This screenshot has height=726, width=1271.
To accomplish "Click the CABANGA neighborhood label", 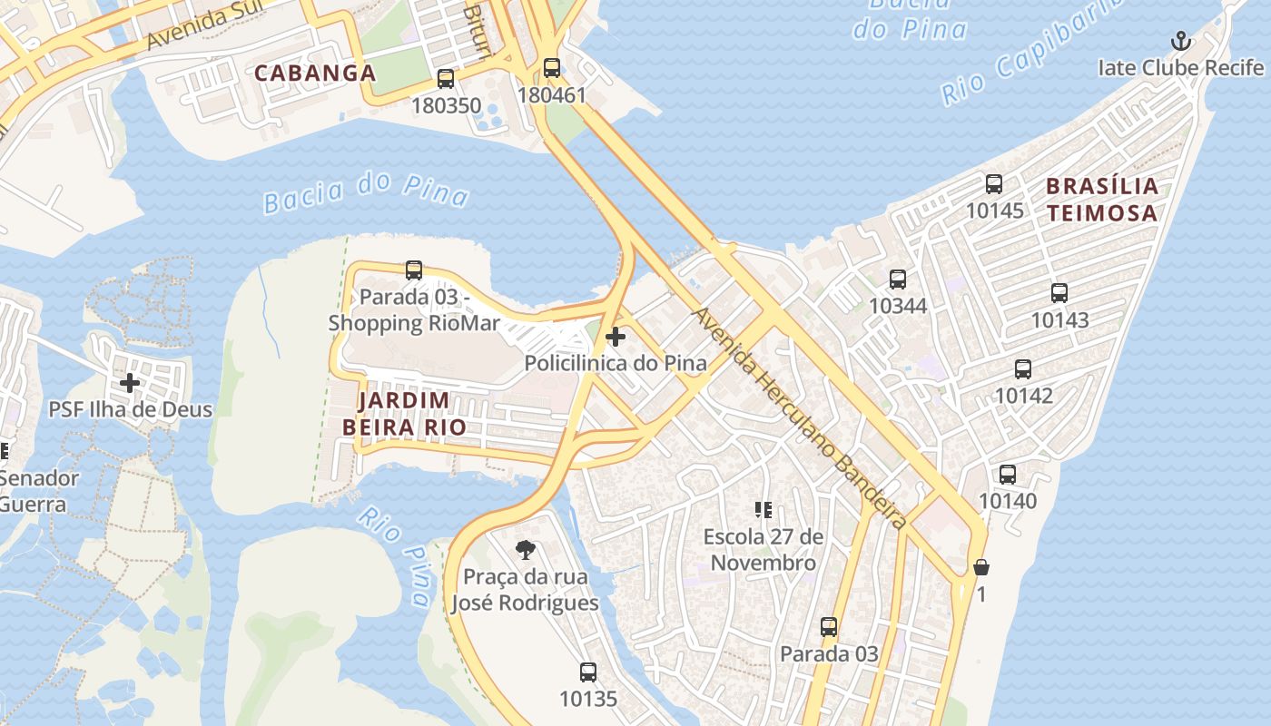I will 315,73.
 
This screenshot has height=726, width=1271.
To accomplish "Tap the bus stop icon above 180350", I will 445,79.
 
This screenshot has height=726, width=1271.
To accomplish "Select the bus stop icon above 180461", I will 551,68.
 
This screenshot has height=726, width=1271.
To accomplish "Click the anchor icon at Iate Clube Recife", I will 1180,41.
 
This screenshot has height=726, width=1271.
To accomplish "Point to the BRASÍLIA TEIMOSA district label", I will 1102,200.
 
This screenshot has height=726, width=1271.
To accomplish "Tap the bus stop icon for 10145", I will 994,184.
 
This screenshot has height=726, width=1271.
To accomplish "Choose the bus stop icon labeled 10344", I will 898,280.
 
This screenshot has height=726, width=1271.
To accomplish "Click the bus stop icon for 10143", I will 1059,293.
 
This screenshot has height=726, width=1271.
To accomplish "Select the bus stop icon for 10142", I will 1023,369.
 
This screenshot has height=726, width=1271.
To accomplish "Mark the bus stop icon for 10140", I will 1008,475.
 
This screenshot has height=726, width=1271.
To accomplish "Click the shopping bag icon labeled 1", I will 980,568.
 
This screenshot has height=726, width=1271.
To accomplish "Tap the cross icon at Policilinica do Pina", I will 616,338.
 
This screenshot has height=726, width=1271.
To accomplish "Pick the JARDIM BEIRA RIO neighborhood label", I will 404,414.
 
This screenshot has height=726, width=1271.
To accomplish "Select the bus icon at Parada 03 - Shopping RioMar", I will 414,270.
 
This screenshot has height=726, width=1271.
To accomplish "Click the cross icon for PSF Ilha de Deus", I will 130,383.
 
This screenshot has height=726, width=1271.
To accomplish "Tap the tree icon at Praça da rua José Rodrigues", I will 525,549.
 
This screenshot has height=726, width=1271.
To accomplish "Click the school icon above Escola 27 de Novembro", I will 763,510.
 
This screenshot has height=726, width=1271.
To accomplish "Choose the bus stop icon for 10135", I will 588,672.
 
